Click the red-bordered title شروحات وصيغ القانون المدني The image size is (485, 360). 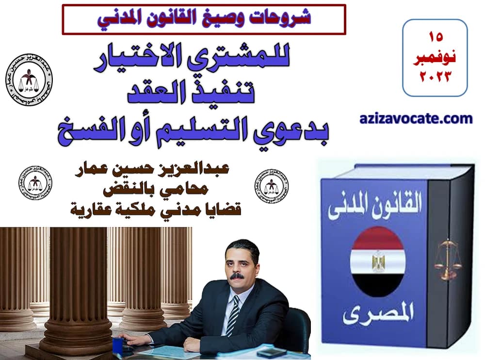[204, 18]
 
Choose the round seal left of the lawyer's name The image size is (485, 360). [35, 183]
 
